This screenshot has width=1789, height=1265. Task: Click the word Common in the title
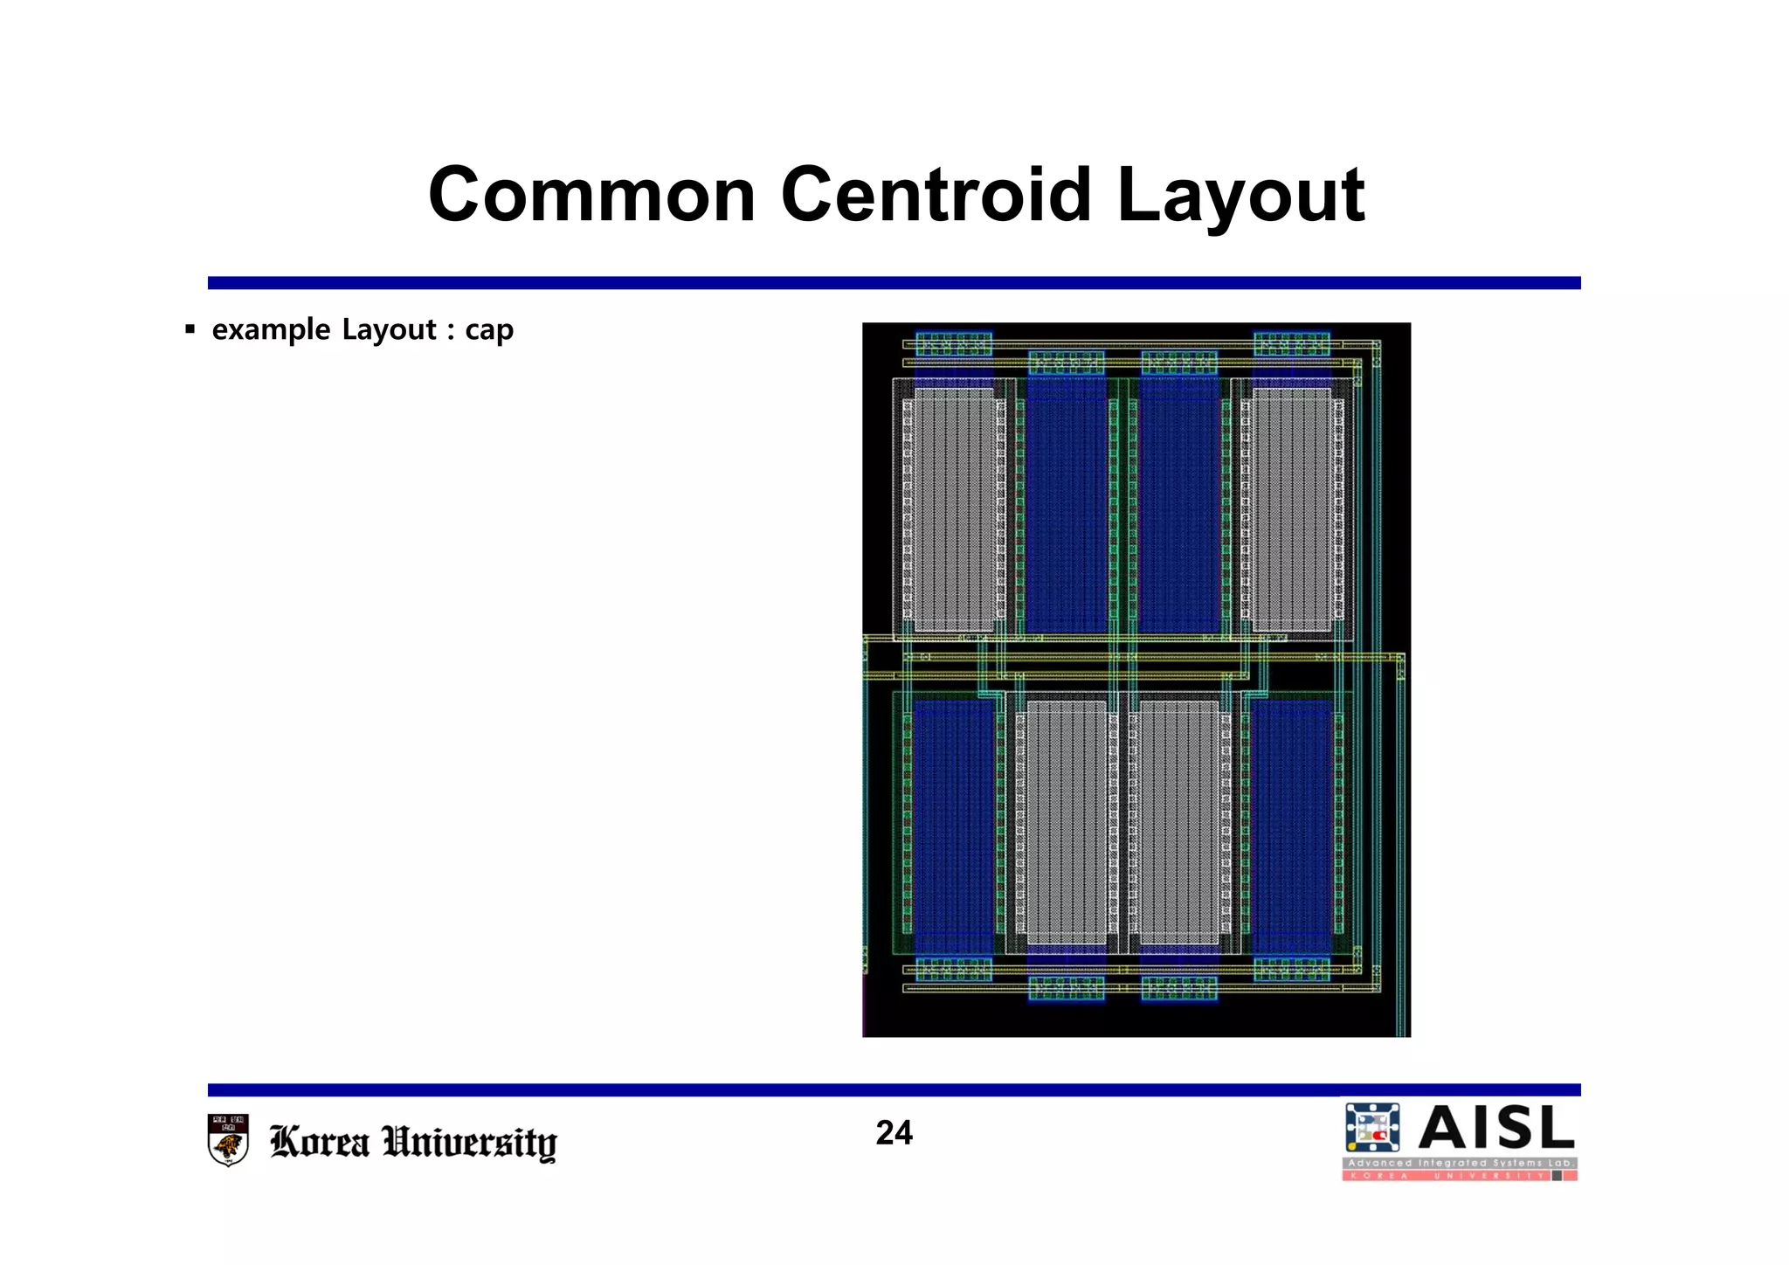[591, 195]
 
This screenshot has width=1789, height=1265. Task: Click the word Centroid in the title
[936, 195]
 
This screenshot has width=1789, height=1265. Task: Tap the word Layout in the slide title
[1240, 197]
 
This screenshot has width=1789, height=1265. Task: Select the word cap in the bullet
[489, 330]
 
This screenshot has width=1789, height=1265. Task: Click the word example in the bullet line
[271, 330]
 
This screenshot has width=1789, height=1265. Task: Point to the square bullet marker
[190, 330]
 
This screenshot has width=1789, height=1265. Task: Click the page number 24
[894, 1133]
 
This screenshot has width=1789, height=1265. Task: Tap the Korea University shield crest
[229, 1140]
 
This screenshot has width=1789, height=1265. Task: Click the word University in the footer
[470, 1142]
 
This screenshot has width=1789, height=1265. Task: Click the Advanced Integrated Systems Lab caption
[1459, 1163]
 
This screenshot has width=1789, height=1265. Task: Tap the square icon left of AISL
[1372, 1128]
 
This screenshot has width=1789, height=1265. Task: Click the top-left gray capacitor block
[953, 509]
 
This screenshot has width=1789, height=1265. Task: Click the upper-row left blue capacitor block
[1067, 505]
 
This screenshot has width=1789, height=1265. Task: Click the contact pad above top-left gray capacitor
[953, 344]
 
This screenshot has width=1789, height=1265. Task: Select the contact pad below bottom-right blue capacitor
[1291, 970]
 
